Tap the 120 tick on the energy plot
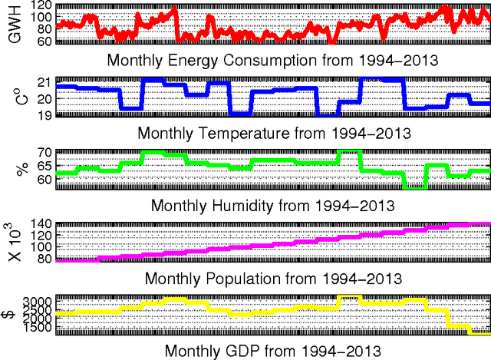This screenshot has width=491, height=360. (x=41, y=6)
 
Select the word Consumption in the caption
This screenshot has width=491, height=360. (x=288, y=60)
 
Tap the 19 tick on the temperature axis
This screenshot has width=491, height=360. (x=44, y=115)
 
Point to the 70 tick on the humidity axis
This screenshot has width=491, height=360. (x=44, y=154)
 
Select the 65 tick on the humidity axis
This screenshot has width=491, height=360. (x=44, y=166)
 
